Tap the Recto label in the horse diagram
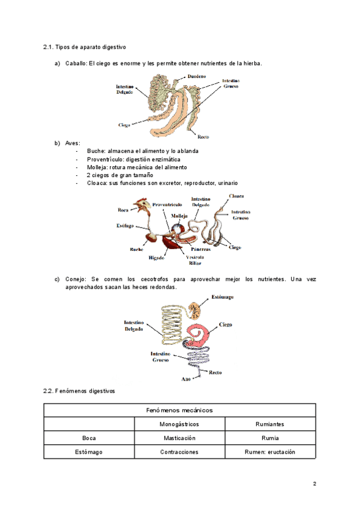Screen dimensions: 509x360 point(203,137)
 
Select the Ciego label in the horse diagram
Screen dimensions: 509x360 point(124,125)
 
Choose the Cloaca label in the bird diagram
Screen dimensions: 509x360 point(236,196)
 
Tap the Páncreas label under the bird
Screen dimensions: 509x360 point(200,248)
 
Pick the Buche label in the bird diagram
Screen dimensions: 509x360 point(136,249)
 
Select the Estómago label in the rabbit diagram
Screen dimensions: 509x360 point(222,298)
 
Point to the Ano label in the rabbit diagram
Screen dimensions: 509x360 point(185,379)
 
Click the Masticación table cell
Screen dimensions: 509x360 point(179,438)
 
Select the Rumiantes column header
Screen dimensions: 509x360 point(270,424)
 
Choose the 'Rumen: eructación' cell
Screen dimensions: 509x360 point(270,452)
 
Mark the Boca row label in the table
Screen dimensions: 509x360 point(89,438)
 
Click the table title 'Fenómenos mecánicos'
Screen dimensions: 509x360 point(179,410)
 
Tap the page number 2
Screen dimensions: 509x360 point(314,484)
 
